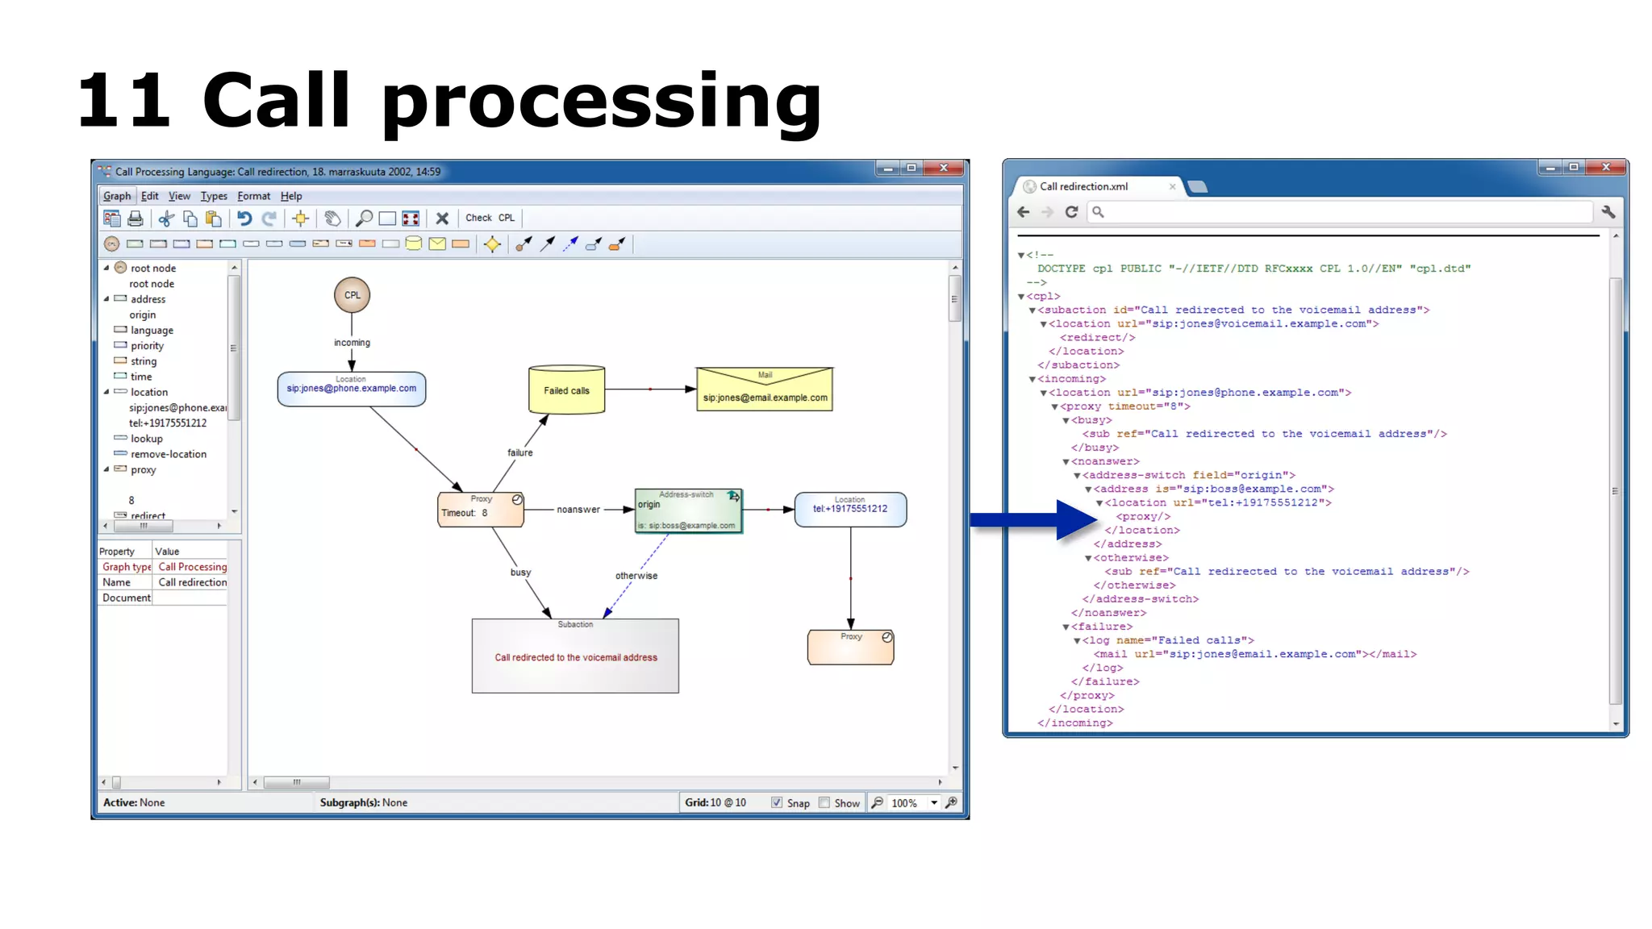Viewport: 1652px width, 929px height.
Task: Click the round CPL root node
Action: click(x=353, y=295)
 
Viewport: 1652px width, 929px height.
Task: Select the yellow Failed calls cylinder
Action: click(x=566, y=390)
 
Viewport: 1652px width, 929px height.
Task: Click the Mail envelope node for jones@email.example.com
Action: click(x=764, y=390)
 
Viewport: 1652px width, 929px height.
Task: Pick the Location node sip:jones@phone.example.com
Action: click(x=352, y=389)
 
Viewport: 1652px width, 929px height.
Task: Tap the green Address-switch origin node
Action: click(x=688, y=510)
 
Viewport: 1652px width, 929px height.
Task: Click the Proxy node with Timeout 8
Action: click(x=481, y=510)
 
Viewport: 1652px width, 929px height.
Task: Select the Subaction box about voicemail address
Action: click(x=575, y=656)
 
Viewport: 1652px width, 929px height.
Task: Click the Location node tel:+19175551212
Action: click(x=850, y=510)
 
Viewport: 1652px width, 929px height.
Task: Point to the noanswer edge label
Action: click(x=578, y=510)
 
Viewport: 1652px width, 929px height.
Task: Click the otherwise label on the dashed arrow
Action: click(x=636, y=576)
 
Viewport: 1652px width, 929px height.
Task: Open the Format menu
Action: click(x=253, y=196)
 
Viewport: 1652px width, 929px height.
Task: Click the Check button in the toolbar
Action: click(x=478, y=218)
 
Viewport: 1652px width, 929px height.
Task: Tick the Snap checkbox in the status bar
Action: click(x=777, y=802)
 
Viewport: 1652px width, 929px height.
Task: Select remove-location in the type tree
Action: click(x=169, y=454)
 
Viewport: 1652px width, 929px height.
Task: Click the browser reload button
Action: click(x=1071, y=212)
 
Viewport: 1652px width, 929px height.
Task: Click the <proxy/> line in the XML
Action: click(x=1143, y=516)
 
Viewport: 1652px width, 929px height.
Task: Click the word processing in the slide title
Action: click(x=601, y=103)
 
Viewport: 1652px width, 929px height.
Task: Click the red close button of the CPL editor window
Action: click(x=943, y=168)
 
